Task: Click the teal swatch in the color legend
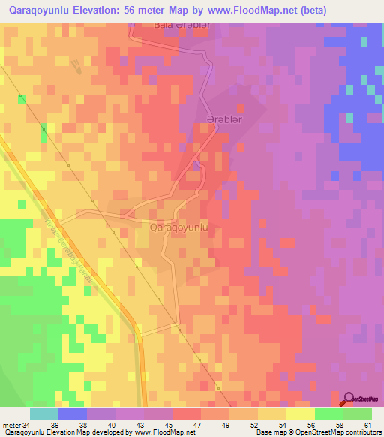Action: point(44,413)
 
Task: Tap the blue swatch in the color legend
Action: point(73,413)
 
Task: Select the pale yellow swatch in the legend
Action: point(301,413)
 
